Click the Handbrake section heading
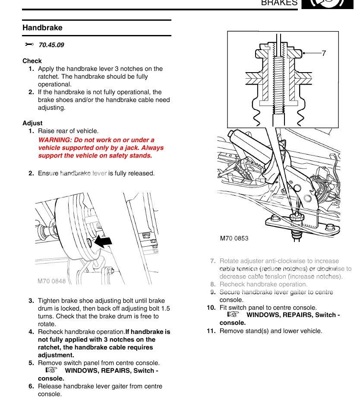tap(42, 28)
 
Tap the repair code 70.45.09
tap(51, 45)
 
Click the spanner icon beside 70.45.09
tap(29, 44)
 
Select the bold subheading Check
tap(32, 61)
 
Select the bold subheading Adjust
tap(32, 123)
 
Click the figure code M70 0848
tap(51, 281)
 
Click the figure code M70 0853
tap(234, 238)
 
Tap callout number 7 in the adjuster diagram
tap(324, 53)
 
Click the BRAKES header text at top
tap(279, 3)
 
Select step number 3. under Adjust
tap(31, 301)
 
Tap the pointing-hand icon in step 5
tap(51, 371)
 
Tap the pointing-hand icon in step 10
tap(233, 315)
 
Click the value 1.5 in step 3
tap(165, 308)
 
